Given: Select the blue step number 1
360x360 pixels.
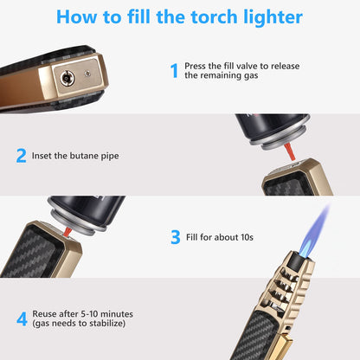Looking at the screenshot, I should (173, 70).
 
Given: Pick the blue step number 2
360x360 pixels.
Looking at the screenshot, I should (22, 156).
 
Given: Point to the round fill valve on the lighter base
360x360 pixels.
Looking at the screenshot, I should (65, 77).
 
